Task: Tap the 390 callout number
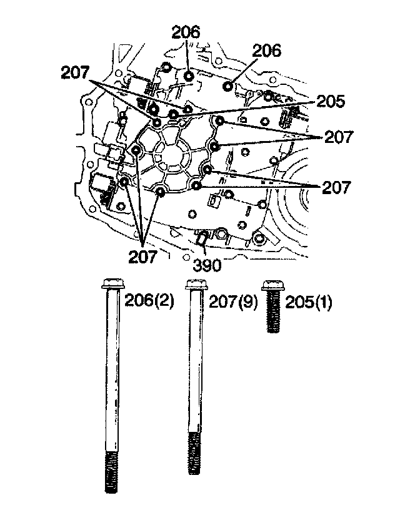coord(207,265)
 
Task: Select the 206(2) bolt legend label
coord(149,301)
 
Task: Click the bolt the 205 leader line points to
coord(172,114)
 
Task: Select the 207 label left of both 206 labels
coord(75,72)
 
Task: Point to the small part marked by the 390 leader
coord(202,238)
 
